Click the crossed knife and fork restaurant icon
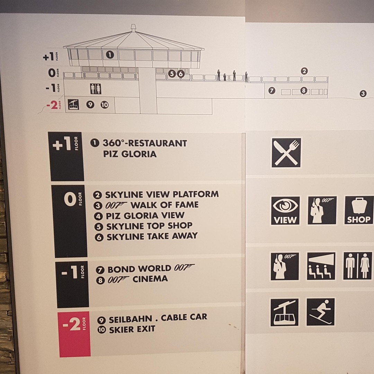tap(286, 153)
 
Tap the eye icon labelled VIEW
tap(285, 211)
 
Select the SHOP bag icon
tap(359, 210)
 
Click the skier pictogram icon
tap(321, 312)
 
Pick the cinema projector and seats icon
tap(321, 266)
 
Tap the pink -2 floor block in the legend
tap(74, 334)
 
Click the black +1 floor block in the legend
tap(66, 157)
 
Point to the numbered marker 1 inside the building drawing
tap(110, 55)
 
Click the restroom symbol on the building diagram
tap(96, 89)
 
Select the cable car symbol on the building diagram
tap(73, 105)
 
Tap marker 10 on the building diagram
tap(105, 105)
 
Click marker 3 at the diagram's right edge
tap(363, 93)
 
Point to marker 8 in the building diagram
tap(304, 90)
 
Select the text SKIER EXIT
tap(132, 329)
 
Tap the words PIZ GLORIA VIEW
tap(145, 216)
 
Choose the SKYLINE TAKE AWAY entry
tap(152, 236)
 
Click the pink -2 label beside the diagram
tap(52, 105)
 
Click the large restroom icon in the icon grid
tap(357, 266)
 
